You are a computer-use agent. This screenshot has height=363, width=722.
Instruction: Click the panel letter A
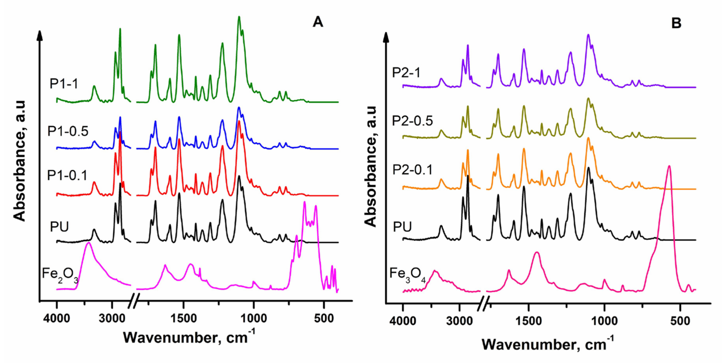pos(318,22)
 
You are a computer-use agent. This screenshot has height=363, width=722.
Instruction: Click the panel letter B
pos(676,23)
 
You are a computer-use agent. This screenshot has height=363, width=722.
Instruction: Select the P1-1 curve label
pos(64,84)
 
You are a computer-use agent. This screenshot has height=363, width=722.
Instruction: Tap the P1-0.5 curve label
pos(68,131)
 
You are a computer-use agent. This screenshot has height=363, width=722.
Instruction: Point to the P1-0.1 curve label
pos(67,175)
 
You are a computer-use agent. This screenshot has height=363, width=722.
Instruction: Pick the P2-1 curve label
pos(406,73)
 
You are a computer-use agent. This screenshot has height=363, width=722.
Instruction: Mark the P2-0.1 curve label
pos(412,170)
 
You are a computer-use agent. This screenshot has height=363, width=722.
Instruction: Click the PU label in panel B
pos(402,227)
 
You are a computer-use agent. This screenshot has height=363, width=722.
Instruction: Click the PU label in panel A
pos(59,227)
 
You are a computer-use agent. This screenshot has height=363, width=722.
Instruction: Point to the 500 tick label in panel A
pos(324,318)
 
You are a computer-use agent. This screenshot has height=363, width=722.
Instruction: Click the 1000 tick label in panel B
pos(604,321)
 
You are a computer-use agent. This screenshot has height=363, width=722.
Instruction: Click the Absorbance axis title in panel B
pos(371,167)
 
